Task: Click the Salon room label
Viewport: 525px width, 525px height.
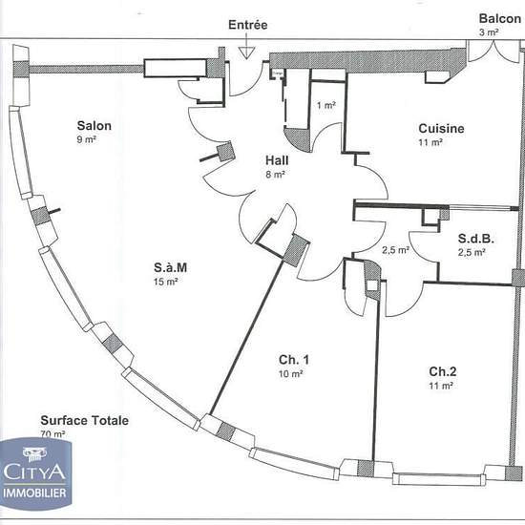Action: click(x=94, y=126)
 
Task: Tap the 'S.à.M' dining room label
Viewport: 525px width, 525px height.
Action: click(x=171, y=267)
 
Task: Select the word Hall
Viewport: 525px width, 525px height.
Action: click(x=277, y=160)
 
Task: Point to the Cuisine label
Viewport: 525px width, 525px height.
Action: click(x=441, y=129)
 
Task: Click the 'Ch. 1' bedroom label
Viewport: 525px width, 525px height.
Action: click(x=294, y=360)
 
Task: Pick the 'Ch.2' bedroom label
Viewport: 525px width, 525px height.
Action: click(x=443, y=371)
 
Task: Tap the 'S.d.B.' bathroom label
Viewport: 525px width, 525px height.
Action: click(x=476, y=239)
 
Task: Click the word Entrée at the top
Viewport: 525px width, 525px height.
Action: click(x=248, y=25)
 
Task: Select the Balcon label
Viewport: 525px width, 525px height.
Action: click(x=500, y=19)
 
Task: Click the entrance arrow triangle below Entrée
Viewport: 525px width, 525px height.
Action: click(x=247, y=52)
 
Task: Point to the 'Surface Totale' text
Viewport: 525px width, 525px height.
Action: click(x=85, y=421)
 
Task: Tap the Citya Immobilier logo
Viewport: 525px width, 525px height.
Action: click(x=36, y=473)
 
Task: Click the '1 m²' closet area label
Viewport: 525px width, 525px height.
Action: click(x=326, y=105)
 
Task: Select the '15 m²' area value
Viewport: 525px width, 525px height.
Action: click(x=166, y=282)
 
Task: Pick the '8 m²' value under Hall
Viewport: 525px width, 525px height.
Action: click(x=276, y=175)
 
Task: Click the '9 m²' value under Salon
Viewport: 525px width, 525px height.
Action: click(x=86, y=139)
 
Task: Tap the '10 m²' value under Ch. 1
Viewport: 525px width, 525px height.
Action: click(x=291, y=374)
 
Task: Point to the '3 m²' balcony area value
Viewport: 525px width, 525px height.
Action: click(x=489, y=32)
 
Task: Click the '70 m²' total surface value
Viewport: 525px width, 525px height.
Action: click(x=52, y=434)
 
